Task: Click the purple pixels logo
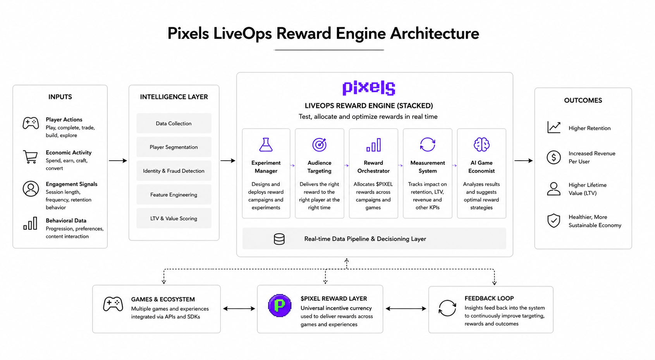[368, 88]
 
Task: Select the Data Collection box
[174, 123]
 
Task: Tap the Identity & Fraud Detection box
[174, 171]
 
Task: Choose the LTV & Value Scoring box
[174, 218]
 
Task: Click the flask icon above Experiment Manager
[266, 145]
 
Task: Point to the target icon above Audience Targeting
[320, 144]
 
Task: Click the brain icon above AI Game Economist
[481, 144]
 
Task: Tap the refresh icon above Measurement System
[428, 144]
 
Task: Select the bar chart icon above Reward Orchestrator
[373, 145]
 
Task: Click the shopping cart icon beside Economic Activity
[30, 157]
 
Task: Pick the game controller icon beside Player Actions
[31, 123]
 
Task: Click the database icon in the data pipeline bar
[279, 239]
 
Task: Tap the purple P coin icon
[280, 305]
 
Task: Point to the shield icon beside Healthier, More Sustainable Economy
[554, 221]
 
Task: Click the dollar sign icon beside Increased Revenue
[554, 157]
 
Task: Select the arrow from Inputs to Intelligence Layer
[118, 161]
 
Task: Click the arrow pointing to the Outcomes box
[523, 161]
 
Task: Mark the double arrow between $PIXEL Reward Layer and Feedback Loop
[406, 309]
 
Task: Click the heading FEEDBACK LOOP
[489, 298]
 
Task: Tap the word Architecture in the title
[434, 33]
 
